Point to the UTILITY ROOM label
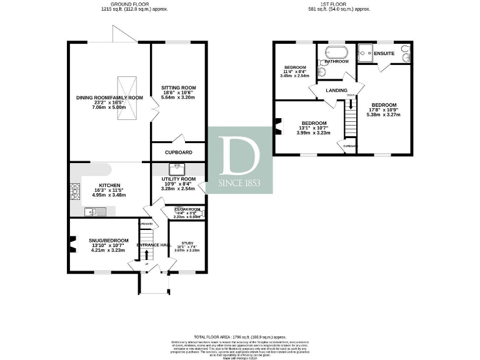[x=179, y=179]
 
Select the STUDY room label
[x=187, y=243]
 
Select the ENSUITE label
[x=384, y=53]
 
